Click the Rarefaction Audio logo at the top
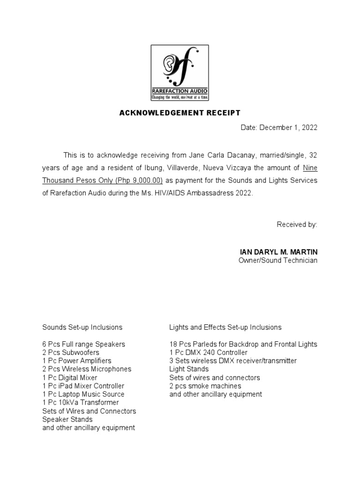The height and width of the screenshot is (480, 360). coord(180,72)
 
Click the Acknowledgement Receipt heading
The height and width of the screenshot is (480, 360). coord(180,113)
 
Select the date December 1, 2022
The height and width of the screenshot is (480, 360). coord(288,128)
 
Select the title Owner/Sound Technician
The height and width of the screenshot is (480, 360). coord(278,260)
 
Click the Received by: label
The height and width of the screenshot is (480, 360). coord(297,225)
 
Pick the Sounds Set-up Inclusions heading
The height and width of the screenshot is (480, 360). coord(82,327)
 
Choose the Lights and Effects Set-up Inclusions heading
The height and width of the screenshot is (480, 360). coord(225,327)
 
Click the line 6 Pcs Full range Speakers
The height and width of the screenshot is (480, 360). coord(83,344)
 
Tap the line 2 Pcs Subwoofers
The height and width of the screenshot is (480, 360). coord(71,352)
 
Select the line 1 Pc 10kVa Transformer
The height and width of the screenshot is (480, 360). coord(81,403)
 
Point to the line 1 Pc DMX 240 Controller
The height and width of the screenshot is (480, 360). coord(208,352)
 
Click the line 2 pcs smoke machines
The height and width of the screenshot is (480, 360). coord(205,386)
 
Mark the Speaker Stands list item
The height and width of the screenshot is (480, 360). coord(67,420)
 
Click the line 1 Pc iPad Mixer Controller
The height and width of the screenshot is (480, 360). coord(83,386)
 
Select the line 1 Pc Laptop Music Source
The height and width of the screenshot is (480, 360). coord(83,394)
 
